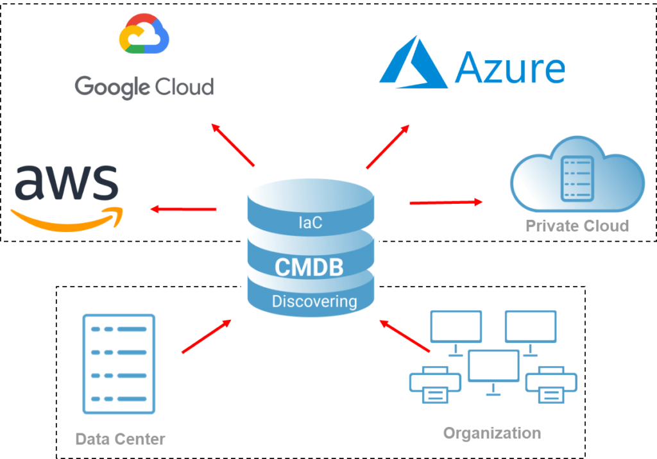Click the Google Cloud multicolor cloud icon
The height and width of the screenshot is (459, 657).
click(x=144, y=35)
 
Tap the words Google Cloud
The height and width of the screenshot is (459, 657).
click(x=144, y=86)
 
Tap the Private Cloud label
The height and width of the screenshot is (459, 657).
click(x=577, y=226)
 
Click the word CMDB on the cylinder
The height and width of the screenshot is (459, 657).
click(x=309, y=267)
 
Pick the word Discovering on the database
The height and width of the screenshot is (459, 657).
click(x=314, y=301)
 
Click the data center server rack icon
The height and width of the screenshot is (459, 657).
click(x=119, y=364)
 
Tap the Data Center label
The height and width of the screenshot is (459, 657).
click(x=120, y=439)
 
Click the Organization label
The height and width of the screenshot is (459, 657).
click(x=492, y=433)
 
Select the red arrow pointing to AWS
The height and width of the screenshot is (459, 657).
click(x=183, y=209)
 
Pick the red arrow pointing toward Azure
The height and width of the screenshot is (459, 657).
click(x=388, y=147)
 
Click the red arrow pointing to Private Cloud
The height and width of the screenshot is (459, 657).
click(x=447, y=203)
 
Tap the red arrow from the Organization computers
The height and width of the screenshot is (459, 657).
click(x=404, y=336)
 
